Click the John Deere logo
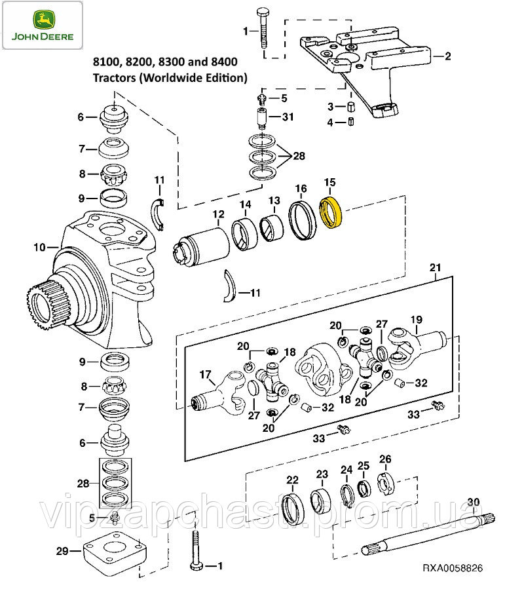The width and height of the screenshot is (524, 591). [x=43, y=26]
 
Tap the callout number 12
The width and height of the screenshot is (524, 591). [x=218, y=214]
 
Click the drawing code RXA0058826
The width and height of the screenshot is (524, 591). [x=453, y=567]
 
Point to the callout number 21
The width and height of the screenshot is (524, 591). [x=435, y=267]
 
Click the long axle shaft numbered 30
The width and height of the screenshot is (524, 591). [x=428, y=533]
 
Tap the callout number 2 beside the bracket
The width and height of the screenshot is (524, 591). [x=447, y=56]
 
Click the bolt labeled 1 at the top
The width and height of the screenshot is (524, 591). [x=263, y=28]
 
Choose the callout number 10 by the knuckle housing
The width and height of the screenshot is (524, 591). [x=39, y=247]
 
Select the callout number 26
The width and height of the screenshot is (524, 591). [x=385, y=459]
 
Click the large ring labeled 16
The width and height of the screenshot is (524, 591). [x=303, y=221]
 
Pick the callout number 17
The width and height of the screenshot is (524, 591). [x=205, y=375]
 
